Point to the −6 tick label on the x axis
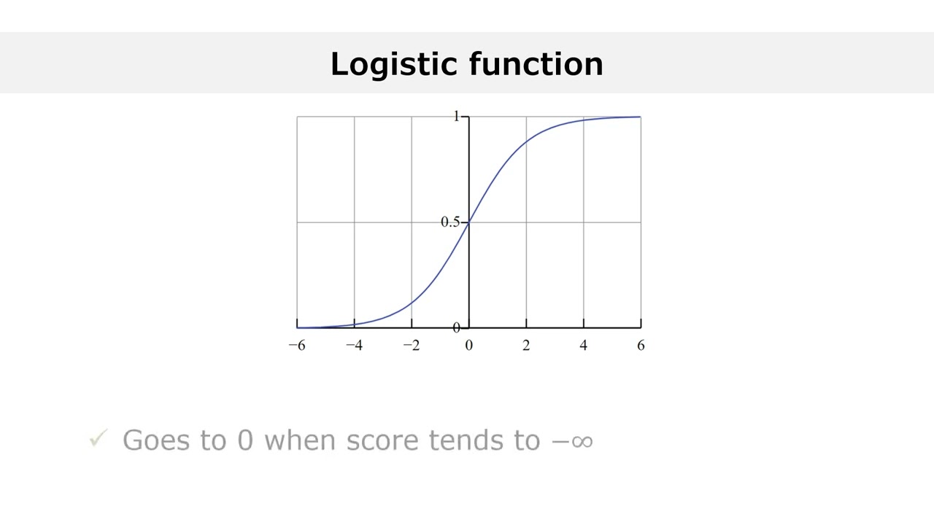pyautogui.click(x=297, y=346)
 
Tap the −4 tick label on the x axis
pyautogui.click(x=354, y=346)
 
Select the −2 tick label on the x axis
pyautogui.click(x=412, y=346)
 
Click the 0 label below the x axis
pyautogui.click(x=468, y=346)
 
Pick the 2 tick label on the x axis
pyautogui.click(x=526, y=346)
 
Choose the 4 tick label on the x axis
pyautogui.click(x=583, y=346)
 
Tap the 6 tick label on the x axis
pyautogui.click(x=641, y=346)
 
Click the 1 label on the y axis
pyautogui.click(x=457, y=117)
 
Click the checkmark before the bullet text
pyautogui.click(x=98, y=440)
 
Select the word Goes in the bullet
pyautogui.click(x=151, y=440)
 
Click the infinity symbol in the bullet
pyautogui.click(x=582, y=441)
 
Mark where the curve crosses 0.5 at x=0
pyautogui.click(x=468, y=222)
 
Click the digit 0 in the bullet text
pyautogui.click(x=244, y=440)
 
